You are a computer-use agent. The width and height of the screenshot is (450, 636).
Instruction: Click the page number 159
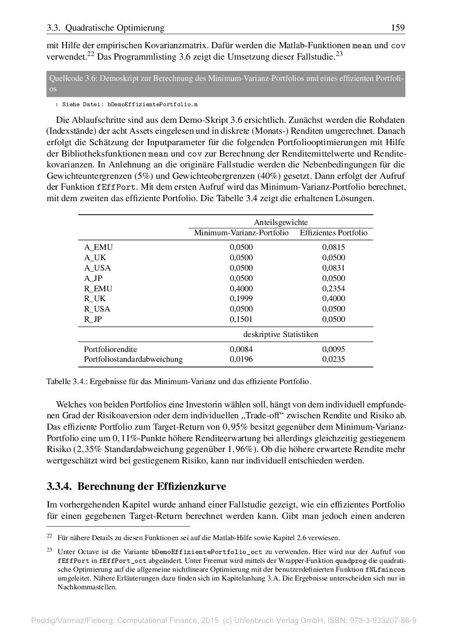click(398, 28)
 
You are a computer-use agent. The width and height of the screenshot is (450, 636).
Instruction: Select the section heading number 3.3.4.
click(60, 487)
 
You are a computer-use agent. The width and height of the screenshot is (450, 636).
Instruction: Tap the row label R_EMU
click(98, 289)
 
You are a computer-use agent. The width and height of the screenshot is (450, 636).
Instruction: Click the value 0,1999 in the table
click(241, 299)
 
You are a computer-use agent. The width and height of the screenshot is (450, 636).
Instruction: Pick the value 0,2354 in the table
click(333, 289)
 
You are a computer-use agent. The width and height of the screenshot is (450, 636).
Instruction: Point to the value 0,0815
click(333, 247)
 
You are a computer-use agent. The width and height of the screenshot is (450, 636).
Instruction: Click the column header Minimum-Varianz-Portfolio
click(241, 233)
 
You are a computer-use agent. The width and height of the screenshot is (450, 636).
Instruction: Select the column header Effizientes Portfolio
click(333, 233)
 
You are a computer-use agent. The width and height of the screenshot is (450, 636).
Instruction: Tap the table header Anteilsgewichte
click(281, 222)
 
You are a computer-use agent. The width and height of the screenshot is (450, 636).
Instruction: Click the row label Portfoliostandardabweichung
click(133, 359)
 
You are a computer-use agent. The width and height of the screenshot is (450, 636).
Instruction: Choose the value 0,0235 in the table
click(333, 359)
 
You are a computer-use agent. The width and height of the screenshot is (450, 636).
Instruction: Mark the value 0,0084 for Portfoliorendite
click(241, 349)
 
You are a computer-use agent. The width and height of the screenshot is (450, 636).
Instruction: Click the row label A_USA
click(98, 268)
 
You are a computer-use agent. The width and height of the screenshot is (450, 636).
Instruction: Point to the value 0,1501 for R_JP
click(241, 319)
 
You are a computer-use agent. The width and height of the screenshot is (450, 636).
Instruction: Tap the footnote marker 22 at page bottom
click(49, 536)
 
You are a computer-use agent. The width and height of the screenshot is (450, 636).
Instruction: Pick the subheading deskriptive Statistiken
click(281, 334)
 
